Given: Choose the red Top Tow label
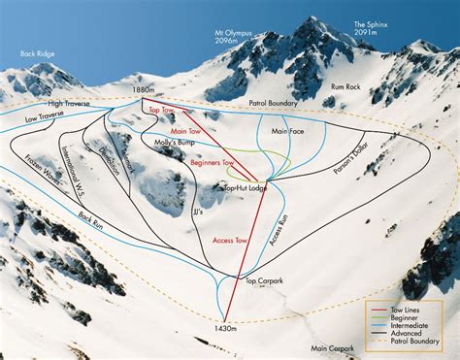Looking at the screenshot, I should point(162,112).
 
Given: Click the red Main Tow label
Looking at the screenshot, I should point(184,130).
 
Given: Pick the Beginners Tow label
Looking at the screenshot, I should point(214,163).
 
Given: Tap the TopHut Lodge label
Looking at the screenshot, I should point(245,187).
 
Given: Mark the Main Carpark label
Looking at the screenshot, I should point(333,347).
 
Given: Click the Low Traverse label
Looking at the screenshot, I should point(45,115).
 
